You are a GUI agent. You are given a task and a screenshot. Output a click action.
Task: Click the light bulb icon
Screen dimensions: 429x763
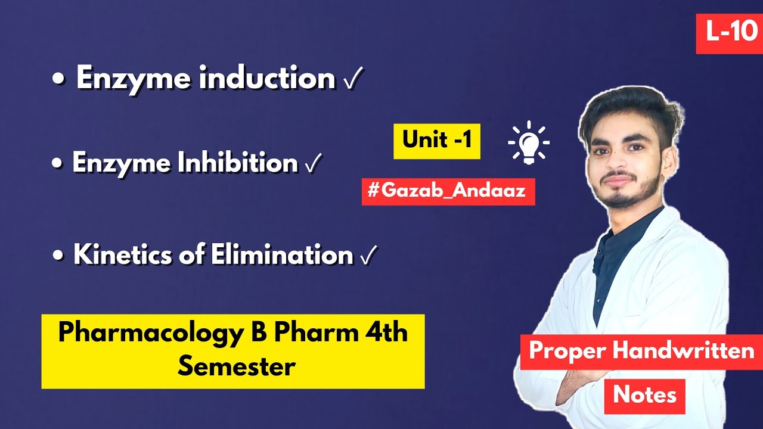pyautogui.click(x=528, y=143)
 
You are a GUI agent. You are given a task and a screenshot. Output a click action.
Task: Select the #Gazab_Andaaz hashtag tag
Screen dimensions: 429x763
pyautogui.click(x=448, y=192)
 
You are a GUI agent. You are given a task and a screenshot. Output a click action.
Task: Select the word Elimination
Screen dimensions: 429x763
pyautogui.click(x=282, y=255)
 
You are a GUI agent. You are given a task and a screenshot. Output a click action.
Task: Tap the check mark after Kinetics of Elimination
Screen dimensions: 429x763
pyautogui.click(x=369, y=256)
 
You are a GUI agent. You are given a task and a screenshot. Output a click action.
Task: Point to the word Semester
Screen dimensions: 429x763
pyautogui.click(x=236, y=366)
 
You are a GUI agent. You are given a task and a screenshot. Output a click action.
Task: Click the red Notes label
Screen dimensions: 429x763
pyautogui.click(x=644, y=394)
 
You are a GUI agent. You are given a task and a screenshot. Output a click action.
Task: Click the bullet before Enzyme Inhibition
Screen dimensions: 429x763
pyautogui.click(x=58, y=164)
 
